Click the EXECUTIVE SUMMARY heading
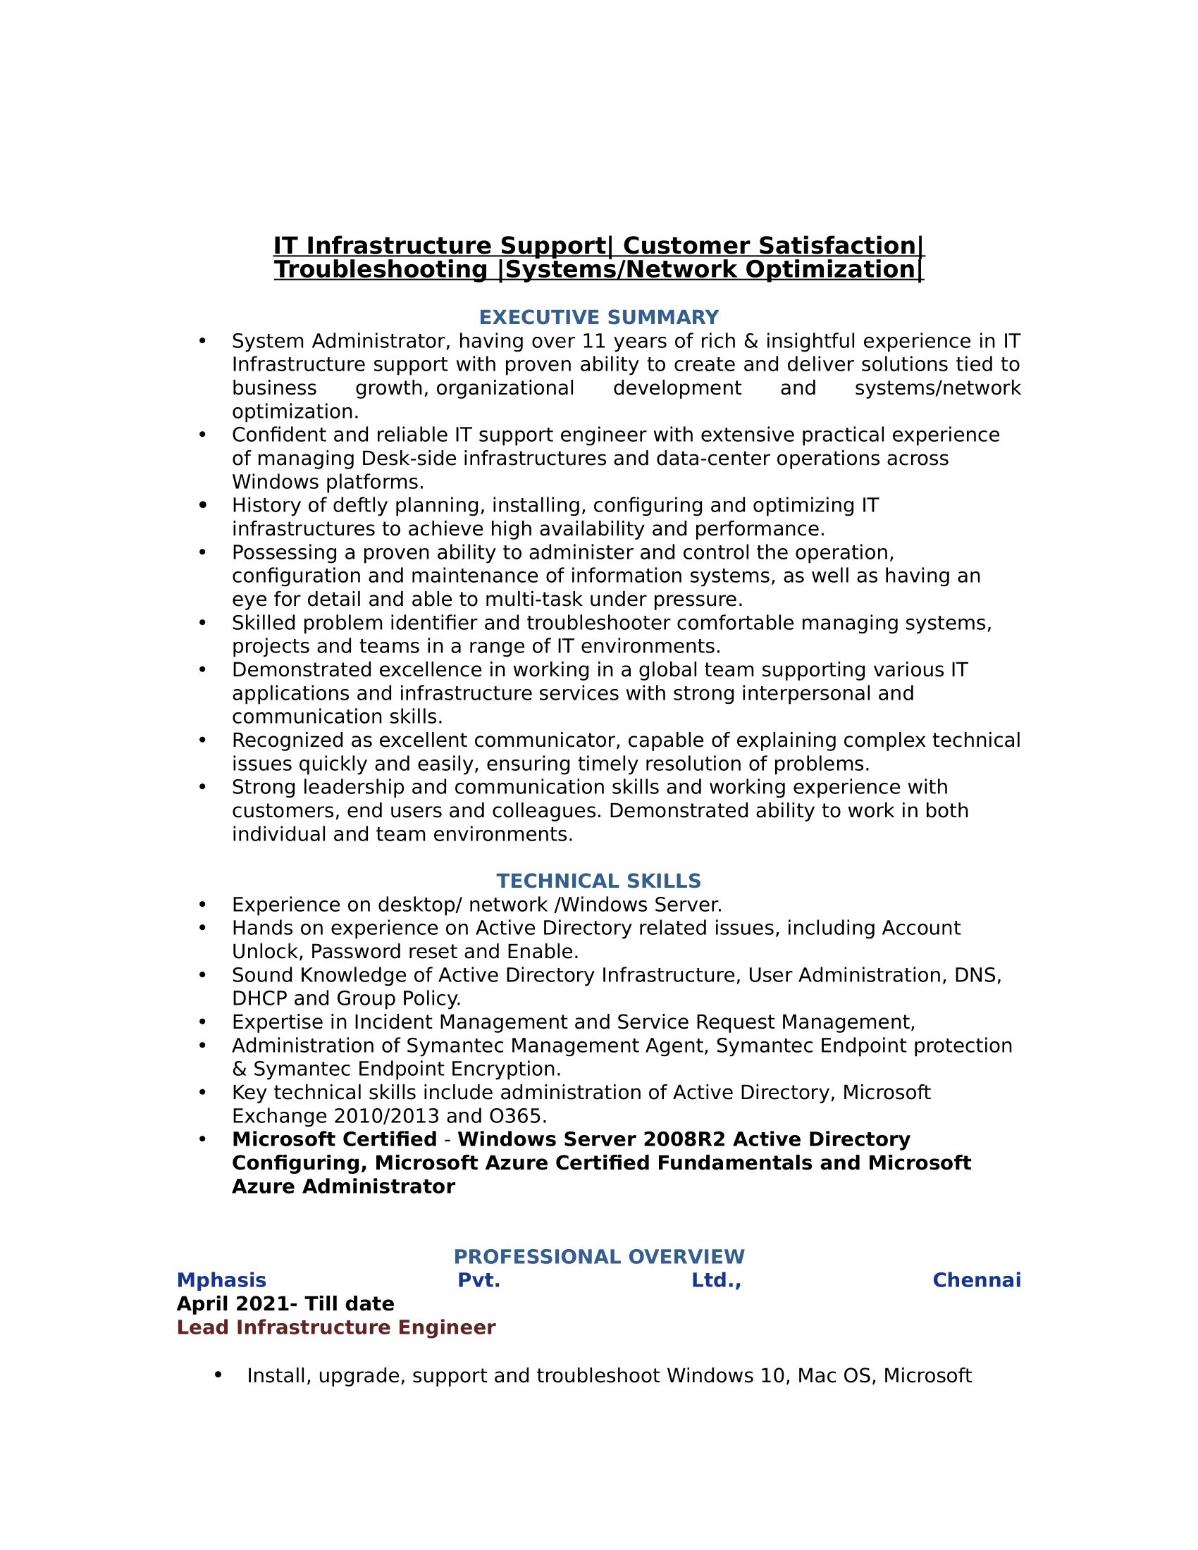pos(598,317)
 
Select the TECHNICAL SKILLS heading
pos(598,881)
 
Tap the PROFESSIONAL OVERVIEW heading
pos(598,1257)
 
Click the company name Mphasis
pos(221,1280)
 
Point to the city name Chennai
pos(976,1280)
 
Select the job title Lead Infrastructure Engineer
pos(335,1327)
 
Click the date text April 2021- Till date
pos(285,1303)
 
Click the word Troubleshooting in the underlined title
pos(381,270)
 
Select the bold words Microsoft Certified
pos(334,1139)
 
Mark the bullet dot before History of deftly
pos(203,505)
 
